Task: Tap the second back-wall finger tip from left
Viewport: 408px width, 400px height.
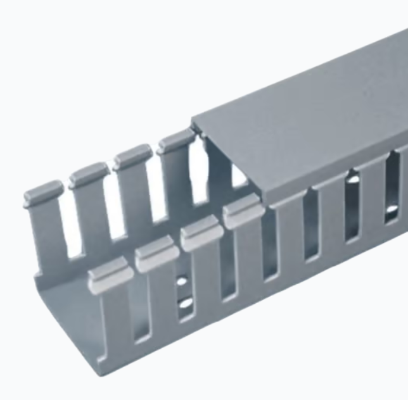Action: [89, 174]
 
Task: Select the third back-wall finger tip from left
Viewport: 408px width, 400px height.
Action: [132, 156]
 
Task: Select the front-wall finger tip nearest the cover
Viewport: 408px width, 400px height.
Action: [243, 211]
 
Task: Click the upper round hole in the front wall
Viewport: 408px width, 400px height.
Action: [182, 280]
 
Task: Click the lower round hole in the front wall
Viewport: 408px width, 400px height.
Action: [186, 303]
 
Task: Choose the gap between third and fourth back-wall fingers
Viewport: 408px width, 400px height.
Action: [153, 190]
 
